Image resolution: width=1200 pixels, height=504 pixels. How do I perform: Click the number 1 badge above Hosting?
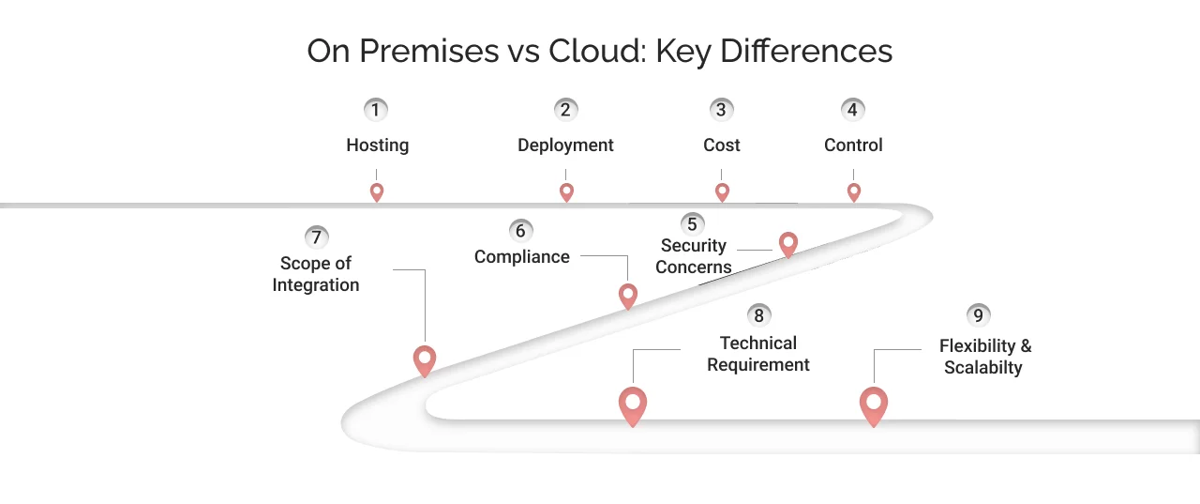376,110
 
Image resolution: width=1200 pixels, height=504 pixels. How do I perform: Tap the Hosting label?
377,145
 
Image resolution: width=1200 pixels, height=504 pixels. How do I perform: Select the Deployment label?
565,145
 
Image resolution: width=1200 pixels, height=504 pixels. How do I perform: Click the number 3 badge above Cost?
720,110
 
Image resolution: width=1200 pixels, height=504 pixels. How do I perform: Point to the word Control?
853,145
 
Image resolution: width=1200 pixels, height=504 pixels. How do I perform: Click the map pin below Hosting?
377,191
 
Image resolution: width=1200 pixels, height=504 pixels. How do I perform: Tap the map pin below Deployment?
566,191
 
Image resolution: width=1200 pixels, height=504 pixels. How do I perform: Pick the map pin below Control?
853,191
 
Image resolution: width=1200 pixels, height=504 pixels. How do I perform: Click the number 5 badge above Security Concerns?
692,224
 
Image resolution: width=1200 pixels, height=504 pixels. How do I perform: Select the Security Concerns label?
694,256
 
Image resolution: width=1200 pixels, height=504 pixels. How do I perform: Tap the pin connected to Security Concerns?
788,244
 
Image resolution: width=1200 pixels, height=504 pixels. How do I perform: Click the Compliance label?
521,257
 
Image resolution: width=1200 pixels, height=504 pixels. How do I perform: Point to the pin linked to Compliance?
628,296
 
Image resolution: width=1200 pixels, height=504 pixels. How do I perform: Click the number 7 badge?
316,237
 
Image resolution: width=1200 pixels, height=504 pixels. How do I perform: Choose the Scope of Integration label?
316,274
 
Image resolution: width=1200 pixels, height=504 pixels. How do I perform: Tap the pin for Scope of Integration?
425,359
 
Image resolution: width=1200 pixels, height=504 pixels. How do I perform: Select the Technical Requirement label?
758,354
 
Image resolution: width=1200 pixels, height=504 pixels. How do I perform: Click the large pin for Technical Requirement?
633,405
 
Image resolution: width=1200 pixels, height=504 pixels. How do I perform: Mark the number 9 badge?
978,315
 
